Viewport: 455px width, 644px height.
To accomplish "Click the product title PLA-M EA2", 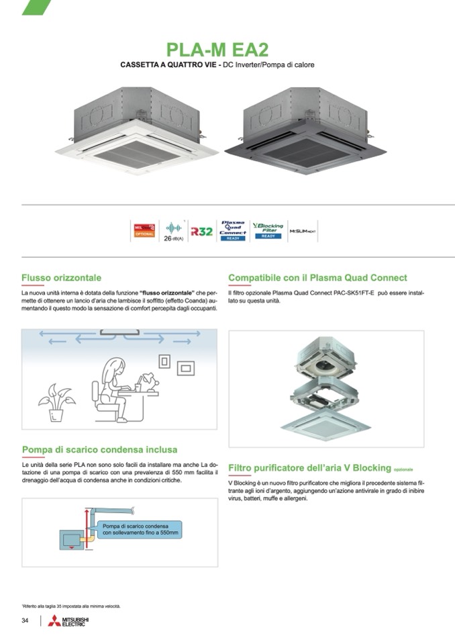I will [217, 50].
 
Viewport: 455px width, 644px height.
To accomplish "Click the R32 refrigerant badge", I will [201, 231].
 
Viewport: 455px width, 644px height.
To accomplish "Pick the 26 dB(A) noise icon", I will [174, 231].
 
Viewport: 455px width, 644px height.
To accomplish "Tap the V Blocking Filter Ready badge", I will [268, 230].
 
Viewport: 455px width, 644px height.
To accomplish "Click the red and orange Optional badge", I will [144, 230].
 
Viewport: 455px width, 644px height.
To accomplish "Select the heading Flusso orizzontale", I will [61, 277].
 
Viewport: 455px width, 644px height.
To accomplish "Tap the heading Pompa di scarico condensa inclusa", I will [99, 449].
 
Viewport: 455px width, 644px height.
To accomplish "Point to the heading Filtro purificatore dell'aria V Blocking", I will [309, 467].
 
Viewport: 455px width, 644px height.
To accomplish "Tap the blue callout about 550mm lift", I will [140, 528].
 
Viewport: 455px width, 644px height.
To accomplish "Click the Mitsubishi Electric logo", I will [68, 621].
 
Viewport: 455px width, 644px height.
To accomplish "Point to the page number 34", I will [25, 620].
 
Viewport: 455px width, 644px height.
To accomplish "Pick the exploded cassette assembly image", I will [326, 388].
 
